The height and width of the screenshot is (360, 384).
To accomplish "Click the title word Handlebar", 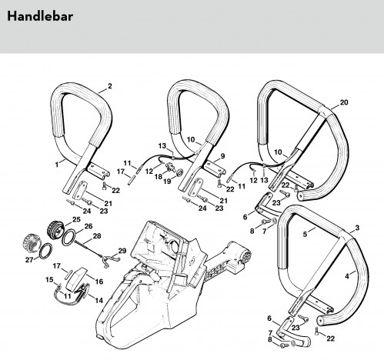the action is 40,16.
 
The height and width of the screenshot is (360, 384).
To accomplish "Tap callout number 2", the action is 110,86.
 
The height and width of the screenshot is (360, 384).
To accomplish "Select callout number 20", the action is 344,102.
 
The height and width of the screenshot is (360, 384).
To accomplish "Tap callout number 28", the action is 97,236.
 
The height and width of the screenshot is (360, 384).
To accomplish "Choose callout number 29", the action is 122,251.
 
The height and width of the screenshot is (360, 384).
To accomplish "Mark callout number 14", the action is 99,300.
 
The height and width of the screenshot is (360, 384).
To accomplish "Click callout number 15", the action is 49,280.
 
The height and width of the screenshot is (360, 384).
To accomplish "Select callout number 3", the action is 357,228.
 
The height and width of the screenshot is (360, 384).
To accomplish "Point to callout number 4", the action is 347,276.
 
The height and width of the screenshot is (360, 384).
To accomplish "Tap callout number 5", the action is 305,234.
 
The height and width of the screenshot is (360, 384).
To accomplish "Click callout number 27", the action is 29,260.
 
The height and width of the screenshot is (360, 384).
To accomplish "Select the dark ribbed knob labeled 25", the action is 55,230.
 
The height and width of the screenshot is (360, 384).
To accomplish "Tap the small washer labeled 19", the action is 179,172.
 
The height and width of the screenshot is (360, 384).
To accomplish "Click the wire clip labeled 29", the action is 111,261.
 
